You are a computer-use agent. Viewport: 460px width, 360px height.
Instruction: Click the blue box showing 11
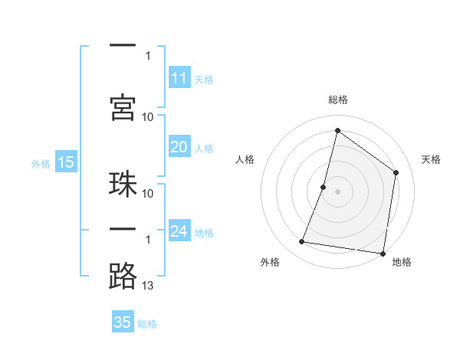point(179,78)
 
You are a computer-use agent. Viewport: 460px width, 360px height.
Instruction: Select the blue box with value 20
point(179,148)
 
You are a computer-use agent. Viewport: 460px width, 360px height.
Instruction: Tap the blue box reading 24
point(179,231)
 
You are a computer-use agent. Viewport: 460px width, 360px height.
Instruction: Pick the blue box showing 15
point(66,162)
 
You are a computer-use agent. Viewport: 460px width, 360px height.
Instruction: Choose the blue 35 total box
point(123,322)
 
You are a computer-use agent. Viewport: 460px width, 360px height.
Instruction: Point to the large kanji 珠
point(123,184)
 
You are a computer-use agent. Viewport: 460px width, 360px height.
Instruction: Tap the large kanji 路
point(123,276)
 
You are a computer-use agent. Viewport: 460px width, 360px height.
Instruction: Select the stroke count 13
point(148,286)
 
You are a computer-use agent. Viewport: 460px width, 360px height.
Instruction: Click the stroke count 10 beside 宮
point(148,116)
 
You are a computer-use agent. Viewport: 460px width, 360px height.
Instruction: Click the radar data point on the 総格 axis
point(337,130)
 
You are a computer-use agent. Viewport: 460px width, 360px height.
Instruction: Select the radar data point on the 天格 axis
point(396,172)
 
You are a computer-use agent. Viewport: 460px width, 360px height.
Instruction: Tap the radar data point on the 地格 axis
point(383,253)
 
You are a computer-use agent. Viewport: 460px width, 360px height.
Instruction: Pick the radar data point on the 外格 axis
point(302,242)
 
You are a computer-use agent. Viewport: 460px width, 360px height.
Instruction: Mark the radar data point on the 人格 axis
point(324,187)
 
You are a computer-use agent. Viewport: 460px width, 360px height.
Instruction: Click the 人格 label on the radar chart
point(245,159)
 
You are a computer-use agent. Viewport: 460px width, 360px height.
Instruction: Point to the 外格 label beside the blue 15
point(40,162)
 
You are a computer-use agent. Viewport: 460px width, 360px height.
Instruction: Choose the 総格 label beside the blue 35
point(147,323)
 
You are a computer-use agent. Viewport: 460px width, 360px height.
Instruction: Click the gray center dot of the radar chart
point(337,191)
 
